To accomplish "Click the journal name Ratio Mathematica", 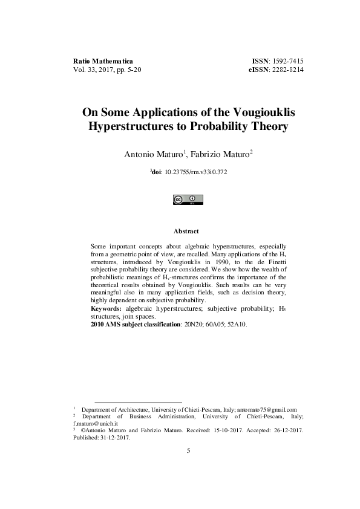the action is pos(102,62).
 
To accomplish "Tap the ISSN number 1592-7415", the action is pos(286,62).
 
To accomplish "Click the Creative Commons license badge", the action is pos(188,199).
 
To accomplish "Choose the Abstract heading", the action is pos(186,232).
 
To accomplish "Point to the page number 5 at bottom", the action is pos(188,451).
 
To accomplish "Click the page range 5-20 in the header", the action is pos(131,70).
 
